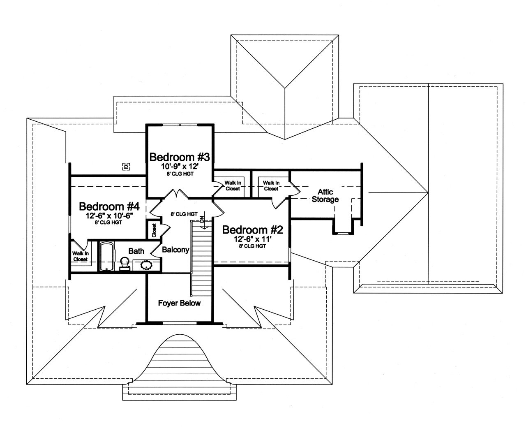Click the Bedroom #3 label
point(180,157)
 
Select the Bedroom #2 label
point(252,229)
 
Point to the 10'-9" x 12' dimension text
point(180,167)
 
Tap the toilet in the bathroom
point(124,263)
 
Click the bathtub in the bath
point(106,257)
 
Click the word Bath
point(136,251)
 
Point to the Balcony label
point(175,250)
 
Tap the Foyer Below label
point(180,303)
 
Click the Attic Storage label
point(325,196)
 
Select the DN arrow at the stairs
point(202,221)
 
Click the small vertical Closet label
point(154,230)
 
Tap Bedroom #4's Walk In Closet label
point(80,257)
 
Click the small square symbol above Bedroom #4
point(126,166)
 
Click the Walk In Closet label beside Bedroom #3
point(233,185)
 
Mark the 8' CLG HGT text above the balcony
point(184,214)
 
